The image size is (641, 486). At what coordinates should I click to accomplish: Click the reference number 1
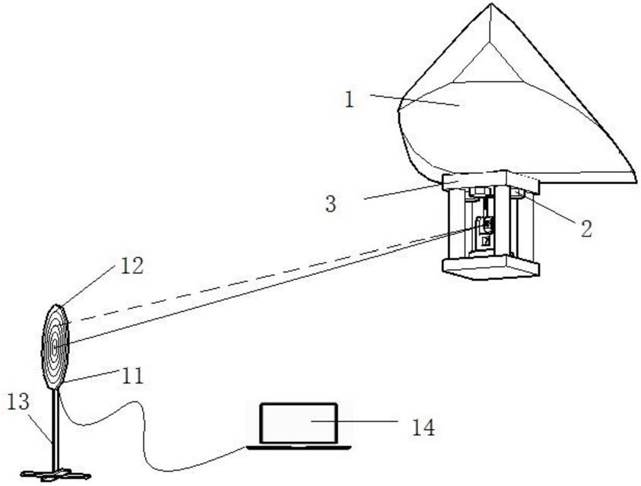(x=349, y=100)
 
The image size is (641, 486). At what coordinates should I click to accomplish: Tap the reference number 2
(x=586, y=227)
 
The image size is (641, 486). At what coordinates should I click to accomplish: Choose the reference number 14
(x=423, y=427)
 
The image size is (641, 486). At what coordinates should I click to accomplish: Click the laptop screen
(x=298, y=423)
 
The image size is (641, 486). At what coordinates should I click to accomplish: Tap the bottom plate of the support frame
(x=490, y=267)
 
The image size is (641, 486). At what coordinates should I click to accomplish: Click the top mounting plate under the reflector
(x=490, y=182)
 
